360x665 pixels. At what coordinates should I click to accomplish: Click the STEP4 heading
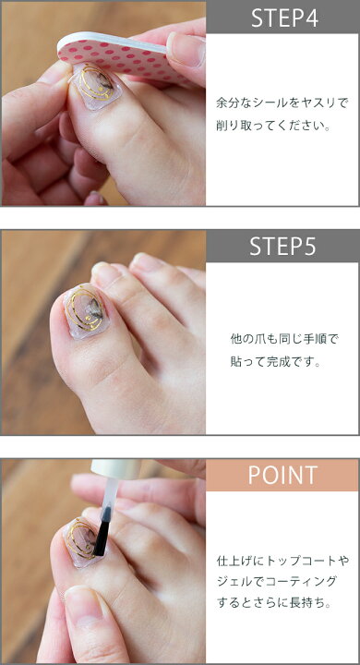tap(284, 18)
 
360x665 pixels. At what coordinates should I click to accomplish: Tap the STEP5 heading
tap(282, 246)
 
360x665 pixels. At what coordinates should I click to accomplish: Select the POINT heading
tap(282, 475)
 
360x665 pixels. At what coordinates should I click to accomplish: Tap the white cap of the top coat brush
tap(115, 469)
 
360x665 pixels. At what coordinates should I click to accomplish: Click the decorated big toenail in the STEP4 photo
tap(95, 87)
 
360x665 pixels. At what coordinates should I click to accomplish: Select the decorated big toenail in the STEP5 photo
tap(87, 311)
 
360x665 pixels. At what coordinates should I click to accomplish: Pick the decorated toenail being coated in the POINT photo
tap(83, 542)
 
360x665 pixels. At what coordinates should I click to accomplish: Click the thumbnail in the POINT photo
tap(83, 607)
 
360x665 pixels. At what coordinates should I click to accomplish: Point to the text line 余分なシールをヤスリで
tap(282, 103)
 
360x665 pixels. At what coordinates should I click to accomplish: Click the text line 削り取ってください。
tap(272, 127)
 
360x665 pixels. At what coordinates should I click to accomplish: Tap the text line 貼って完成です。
tap(275, 362)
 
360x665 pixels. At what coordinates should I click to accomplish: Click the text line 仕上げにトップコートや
tap(282, 562)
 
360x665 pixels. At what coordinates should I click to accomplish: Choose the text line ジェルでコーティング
tap(277, 582)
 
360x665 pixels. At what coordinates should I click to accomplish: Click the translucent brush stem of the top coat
tap(110, 492)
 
